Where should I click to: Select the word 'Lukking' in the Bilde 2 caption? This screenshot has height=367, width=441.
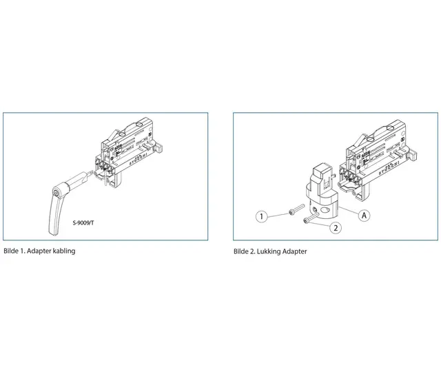[273, 251]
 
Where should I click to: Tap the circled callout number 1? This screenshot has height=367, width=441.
[261, 216]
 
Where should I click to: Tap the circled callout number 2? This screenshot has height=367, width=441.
[336, 227]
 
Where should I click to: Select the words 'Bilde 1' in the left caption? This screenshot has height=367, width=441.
[14, 251]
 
